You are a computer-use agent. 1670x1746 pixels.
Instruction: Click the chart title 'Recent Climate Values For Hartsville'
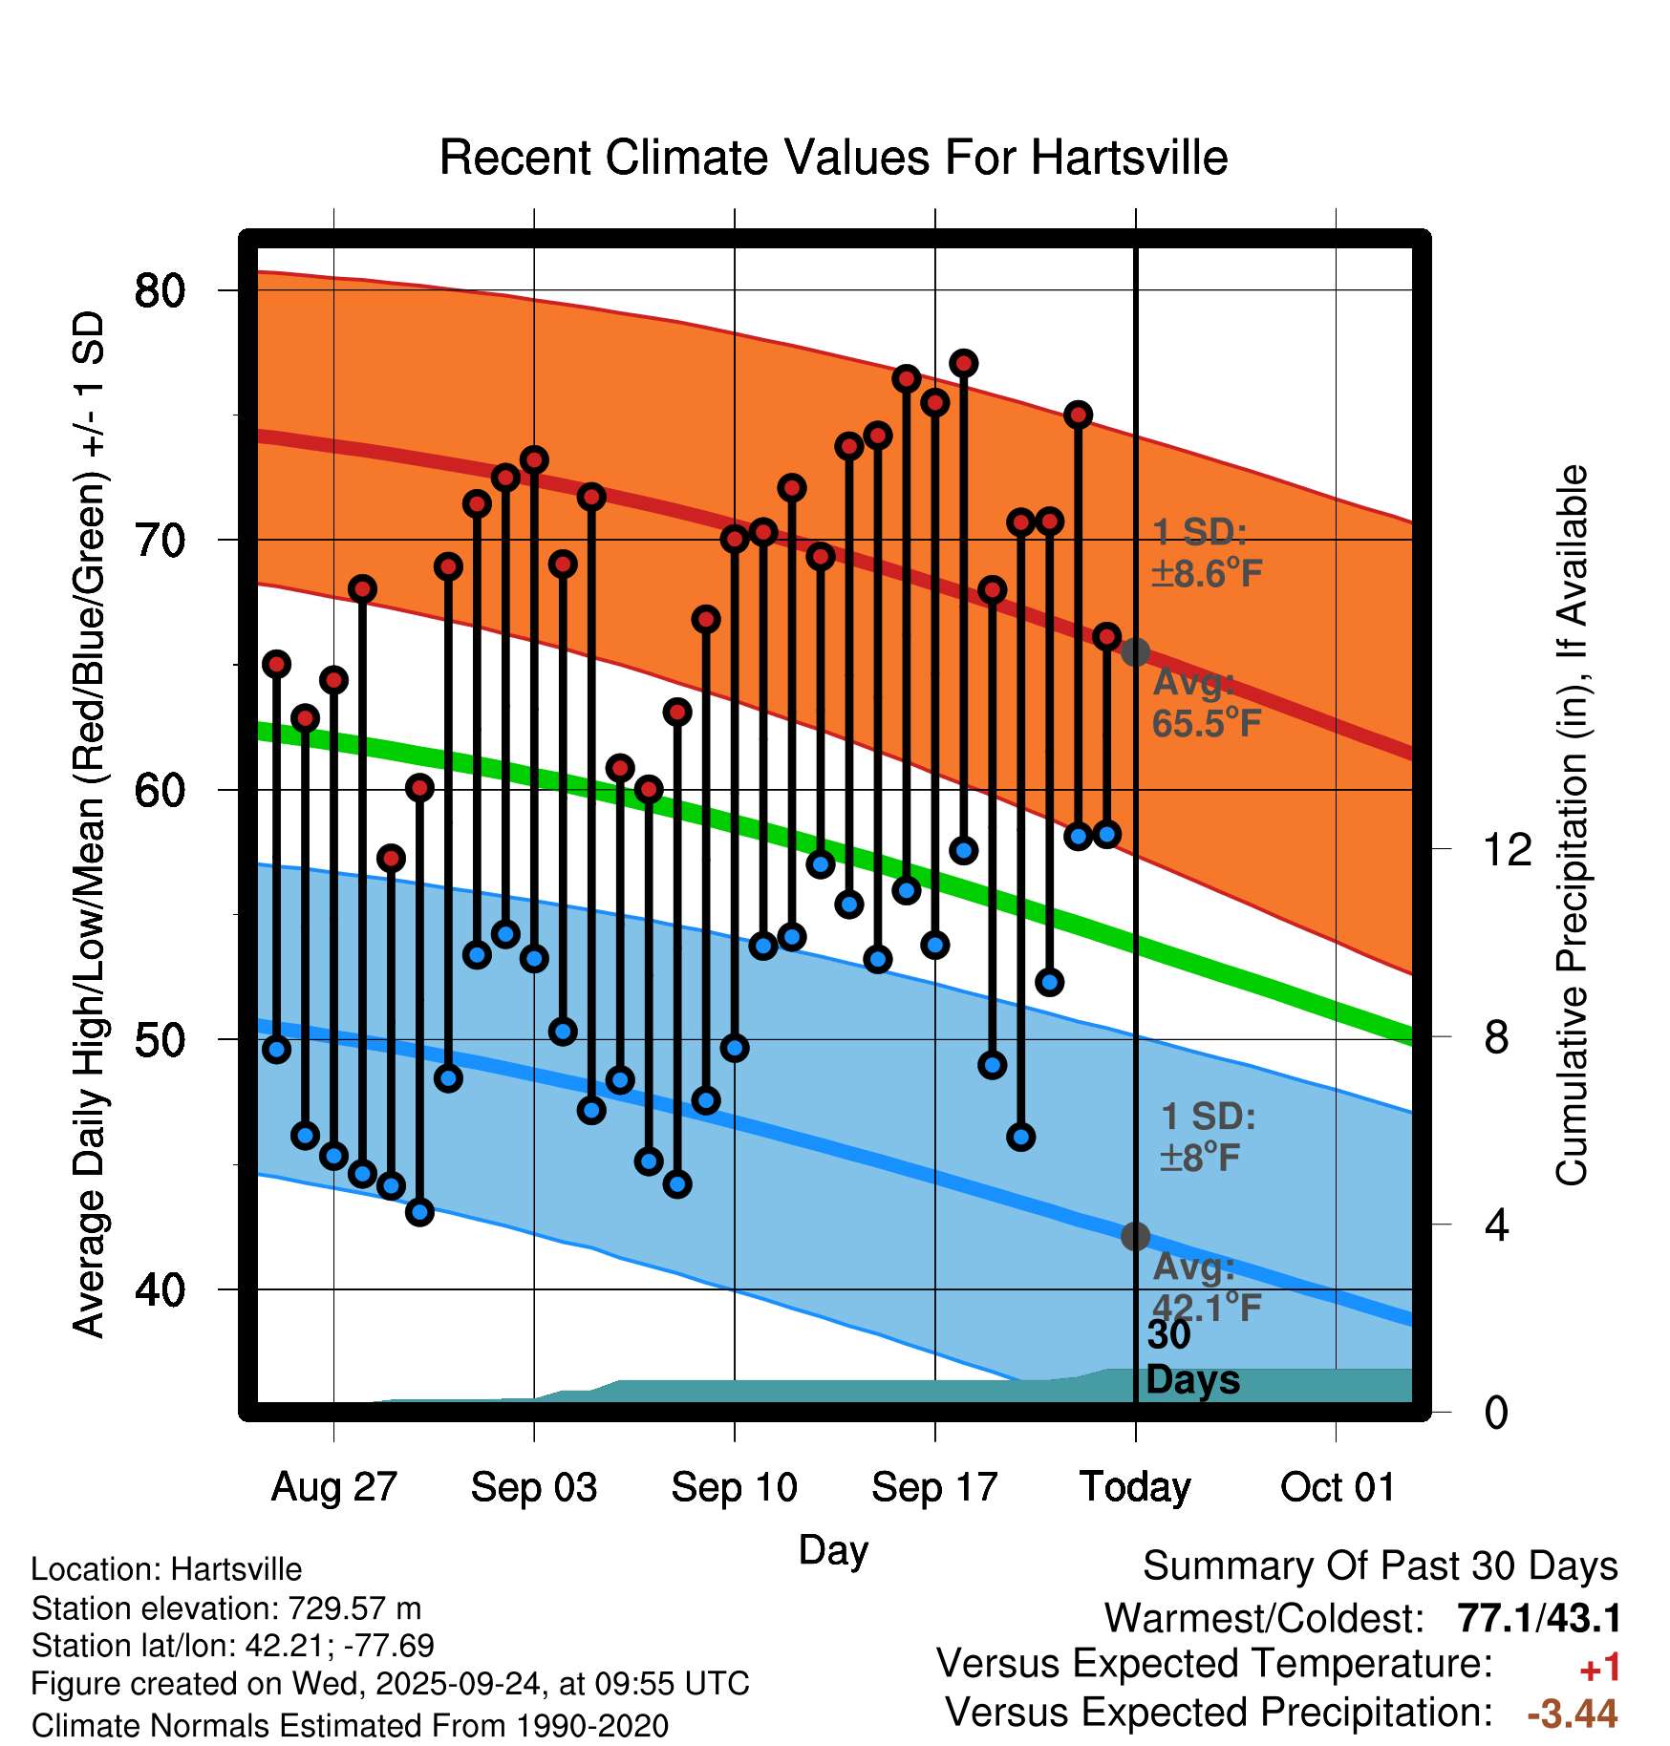click(833, 158)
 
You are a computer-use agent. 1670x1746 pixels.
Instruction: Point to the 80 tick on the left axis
click(160, 290)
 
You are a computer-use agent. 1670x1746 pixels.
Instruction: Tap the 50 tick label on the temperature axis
click(160, 1040)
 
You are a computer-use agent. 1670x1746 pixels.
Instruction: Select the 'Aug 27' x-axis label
click(333, 1487)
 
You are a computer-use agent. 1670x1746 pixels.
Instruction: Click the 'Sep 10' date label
click(734, 1487)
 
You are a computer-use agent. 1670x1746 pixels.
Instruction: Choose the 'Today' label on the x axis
click(1135, 1487)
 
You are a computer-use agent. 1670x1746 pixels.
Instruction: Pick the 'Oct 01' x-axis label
click(1337, 1487)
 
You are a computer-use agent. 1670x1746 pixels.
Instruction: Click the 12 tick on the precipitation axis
click(1507, 849)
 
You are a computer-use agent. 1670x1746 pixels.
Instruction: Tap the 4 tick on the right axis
click(1496, 1224)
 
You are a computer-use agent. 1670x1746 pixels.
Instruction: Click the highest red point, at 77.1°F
click(963, 363)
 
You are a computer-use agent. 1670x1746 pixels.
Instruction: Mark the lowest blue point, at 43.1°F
click(419, 1212)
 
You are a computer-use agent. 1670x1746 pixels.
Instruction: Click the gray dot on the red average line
click(1135, 652)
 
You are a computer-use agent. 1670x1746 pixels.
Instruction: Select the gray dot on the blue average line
click(1135, 1236)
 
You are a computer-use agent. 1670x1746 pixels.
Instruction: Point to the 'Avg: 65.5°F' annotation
click(1206, 704)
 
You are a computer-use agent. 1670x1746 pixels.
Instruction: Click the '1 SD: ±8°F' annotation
click(1207, 1137)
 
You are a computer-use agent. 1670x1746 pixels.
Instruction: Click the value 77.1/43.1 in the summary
click(1538, 1619)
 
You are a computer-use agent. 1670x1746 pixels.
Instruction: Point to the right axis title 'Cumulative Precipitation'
click(1571, 825)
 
